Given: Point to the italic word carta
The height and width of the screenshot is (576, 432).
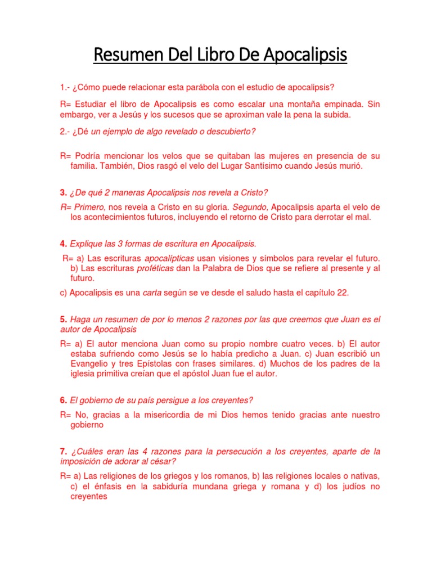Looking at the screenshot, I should point(152,292).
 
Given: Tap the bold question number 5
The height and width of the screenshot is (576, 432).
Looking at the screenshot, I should point(64,319).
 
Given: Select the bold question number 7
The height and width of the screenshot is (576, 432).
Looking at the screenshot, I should point(64,452).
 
